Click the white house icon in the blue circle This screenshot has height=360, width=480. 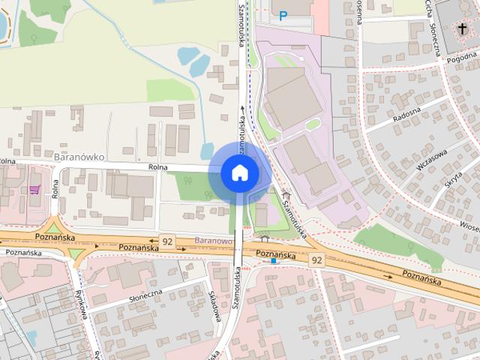point(239,173)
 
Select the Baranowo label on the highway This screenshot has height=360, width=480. point(211,241)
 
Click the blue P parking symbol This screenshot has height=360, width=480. point(283,14)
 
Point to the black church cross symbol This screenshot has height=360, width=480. point(460,30)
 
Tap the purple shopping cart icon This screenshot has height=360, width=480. point(34,190)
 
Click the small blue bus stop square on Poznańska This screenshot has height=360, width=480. point(274,262)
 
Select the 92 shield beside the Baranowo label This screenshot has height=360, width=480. point(166,241)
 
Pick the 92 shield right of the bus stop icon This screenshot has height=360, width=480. point(317,259)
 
